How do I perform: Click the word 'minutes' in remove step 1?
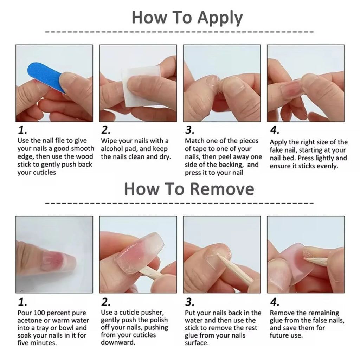[43, 343]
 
